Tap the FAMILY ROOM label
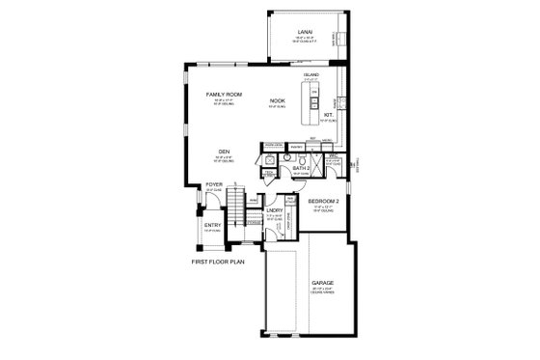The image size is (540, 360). click(224, 95)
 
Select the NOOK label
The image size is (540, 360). click(278, 99)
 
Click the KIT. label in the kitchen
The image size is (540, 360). click(328, 114)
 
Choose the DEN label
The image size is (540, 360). click(223, 152)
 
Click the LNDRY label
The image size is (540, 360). click(274, 210)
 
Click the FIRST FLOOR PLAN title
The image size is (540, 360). click(219, 261)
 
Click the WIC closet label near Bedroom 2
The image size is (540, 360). click(330, 155)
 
